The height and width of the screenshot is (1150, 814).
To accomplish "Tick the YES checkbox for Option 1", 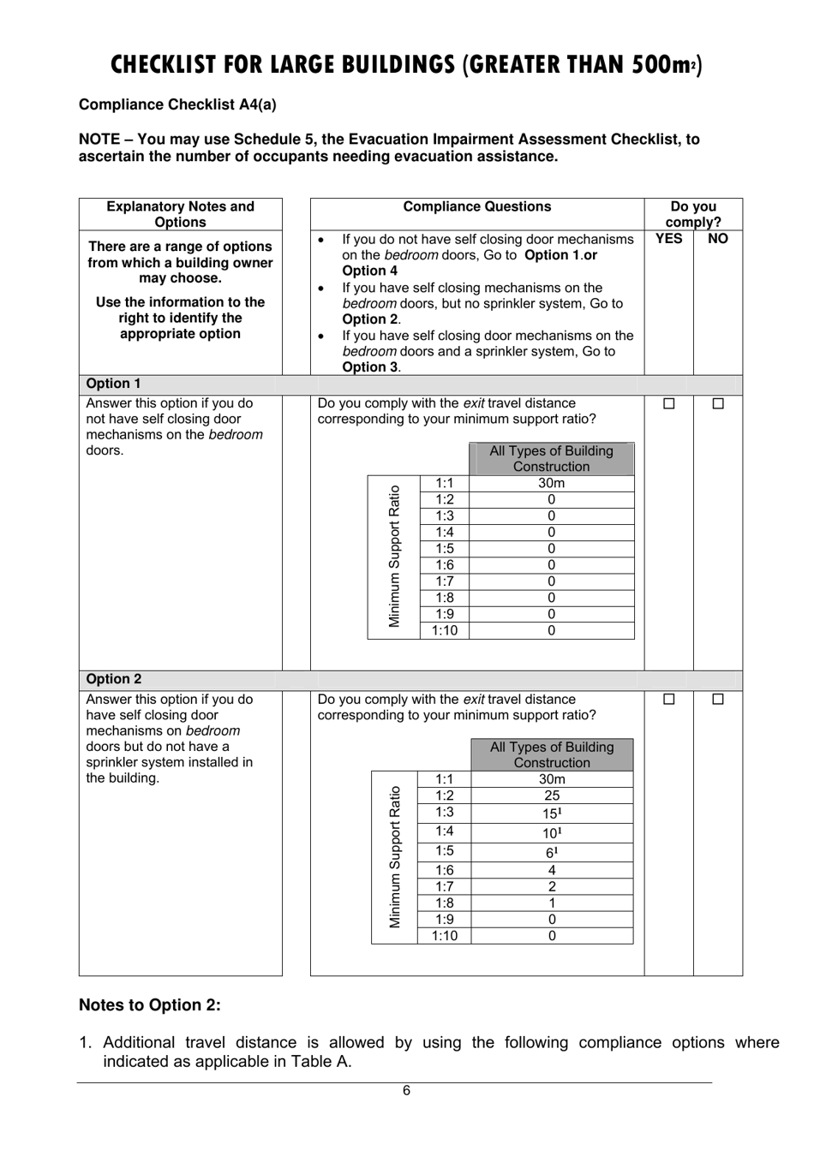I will [669, 403].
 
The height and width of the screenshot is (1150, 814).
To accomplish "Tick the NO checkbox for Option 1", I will [718, 403].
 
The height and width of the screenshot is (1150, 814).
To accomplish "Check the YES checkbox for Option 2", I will [669, 700].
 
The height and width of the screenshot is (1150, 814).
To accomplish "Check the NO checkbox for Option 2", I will [718, 700].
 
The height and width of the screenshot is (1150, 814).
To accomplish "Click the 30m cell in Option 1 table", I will [551, 483].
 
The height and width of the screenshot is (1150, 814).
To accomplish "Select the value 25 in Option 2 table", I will [552, 795].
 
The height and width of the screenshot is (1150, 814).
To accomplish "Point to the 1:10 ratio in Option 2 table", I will [444, 936].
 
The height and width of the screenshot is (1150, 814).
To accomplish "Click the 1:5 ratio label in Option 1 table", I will [444, 549].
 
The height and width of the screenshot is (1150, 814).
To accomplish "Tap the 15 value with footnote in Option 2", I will [552, 813].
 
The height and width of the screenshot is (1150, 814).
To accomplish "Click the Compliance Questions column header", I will [476, 206].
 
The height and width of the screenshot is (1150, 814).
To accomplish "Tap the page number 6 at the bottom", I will [406, 1090].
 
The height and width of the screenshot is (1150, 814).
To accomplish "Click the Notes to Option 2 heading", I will [150, 1004].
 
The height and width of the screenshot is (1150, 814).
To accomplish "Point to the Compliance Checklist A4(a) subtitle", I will [177, 104].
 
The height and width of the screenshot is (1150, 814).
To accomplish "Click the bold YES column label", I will [668, 239].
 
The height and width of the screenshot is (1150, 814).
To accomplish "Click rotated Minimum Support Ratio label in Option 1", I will [394, 557].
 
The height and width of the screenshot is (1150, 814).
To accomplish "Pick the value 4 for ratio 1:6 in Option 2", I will [552, 870].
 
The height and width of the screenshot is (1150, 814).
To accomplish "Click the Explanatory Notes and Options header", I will [180, 214].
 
